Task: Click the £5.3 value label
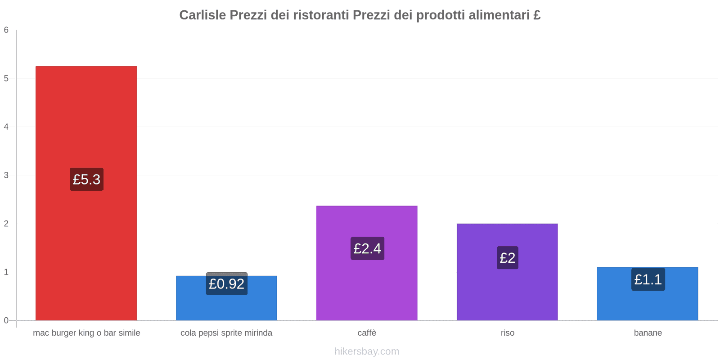[86, 179]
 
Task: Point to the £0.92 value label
[226, 284]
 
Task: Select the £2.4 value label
[367, 248]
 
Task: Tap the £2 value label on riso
[507, 258]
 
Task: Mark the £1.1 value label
[648, 279]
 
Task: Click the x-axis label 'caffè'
[367, 333]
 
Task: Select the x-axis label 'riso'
[507, 333]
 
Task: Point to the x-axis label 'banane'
[648, 333]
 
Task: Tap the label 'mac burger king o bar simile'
[86, 333]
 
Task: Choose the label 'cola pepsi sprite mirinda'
[226, 333]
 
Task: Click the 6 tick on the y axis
[6, 30]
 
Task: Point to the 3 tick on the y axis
[6, 175]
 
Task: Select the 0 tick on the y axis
[6, 320]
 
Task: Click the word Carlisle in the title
[202, 15]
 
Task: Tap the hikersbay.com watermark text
[367, 351]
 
